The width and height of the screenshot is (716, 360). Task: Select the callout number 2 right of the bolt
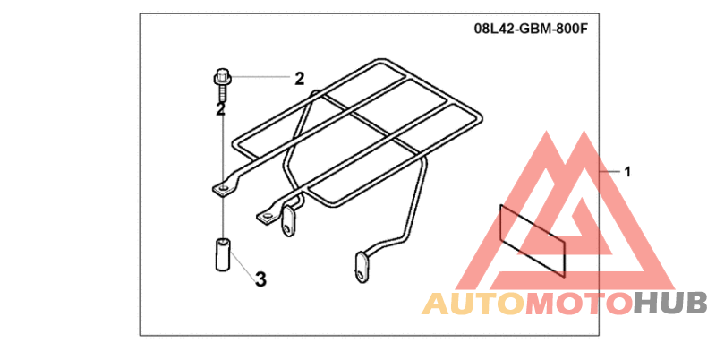pyautogui.click(x=299, y=79)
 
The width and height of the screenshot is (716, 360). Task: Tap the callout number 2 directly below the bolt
pyautogui.click(x=219, y=109)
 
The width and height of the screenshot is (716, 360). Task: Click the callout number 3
pyautogui.click(x=260, y=279)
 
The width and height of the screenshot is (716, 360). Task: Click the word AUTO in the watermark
pyautogui.click(x=472, y=304)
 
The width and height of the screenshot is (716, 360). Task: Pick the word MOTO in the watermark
pyautogui.click(x=576, y=304)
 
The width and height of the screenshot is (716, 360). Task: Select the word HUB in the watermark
pyautogui.click(x=670, y=304)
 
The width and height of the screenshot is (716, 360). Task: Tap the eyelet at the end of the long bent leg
pyautogui.click(x=361, y=265)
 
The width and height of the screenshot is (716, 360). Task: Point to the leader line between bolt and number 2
pyautogui.click(x=260, y=79)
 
